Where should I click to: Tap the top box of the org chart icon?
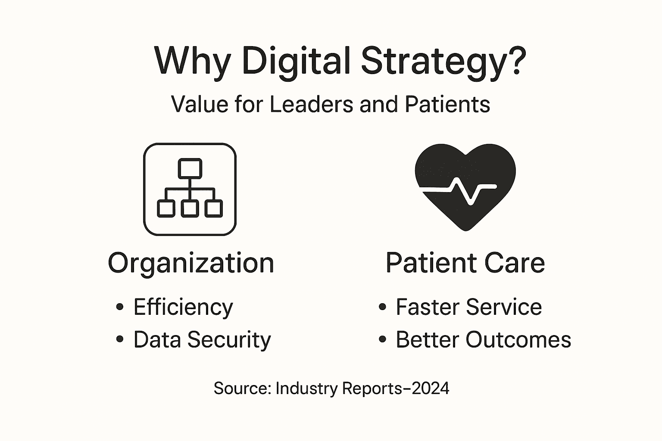[x=190, y=168]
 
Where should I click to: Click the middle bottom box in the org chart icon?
[x=190, y=208]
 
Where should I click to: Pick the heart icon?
[x=465, y=172]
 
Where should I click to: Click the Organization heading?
[x=191, y=263]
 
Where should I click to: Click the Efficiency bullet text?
[x=183, y=307]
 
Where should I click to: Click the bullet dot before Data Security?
[x=120, y=339]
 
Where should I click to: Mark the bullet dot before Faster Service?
[x=382, y=307]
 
